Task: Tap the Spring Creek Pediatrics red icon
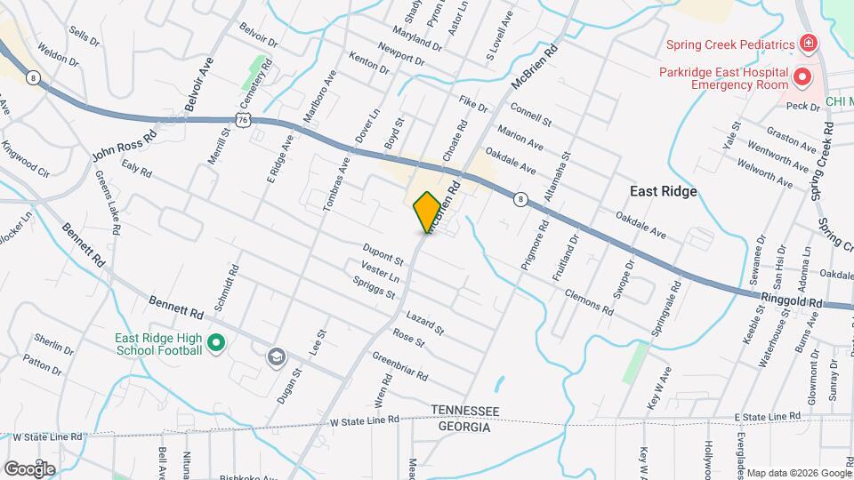(x=808, y=44)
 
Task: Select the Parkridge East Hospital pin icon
(x=803, y=77)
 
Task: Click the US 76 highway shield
(x=245, y=119)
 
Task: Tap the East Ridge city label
(x=662, y=191)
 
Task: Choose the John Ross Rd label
(x=124, y=144)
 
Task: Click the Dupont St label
(x=383, y=254)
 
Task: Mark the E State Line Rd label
(x=768, y=416)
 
